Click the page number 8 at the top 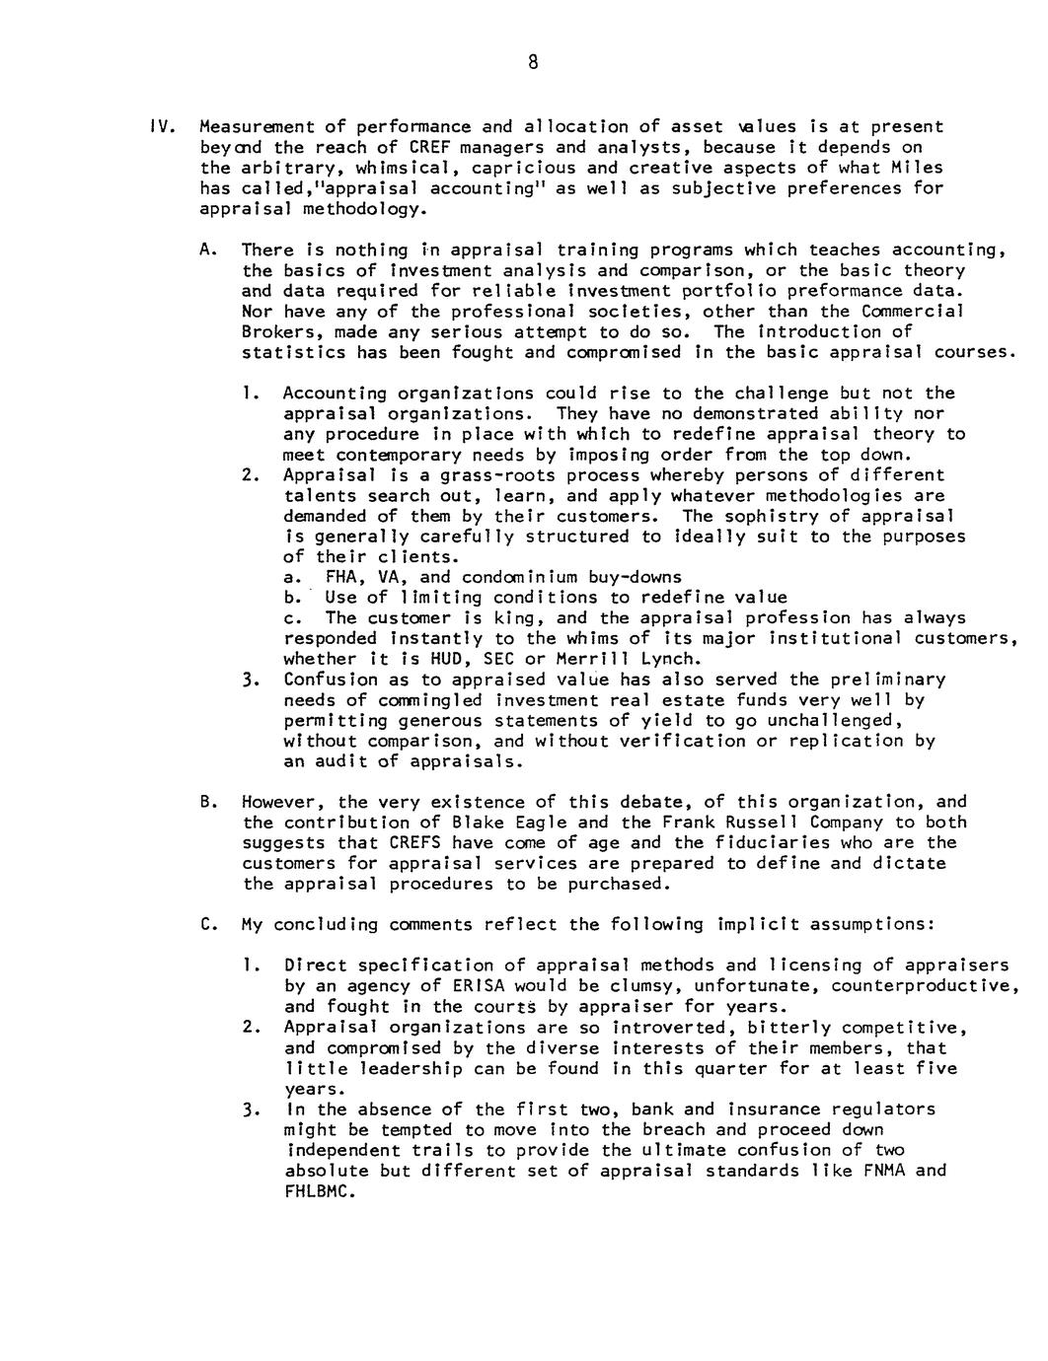tap(532, 63)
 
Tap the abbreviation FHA tap(340, 578)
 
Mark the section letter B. tap(205, 802)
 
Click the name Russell tap(764, 823)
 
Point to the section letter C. tap(205, 925)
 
